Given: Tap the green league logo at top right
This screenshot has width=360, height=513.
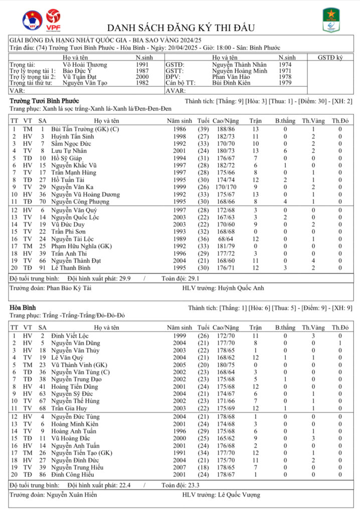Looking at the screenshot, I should click(x=331, y=20).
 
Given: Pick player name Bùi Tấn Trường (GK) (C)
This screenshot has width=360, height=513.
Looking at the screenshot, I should click(x=81, y=129).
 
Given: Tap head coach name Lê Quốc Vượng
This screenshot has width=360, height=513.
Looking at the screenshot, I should click(x=239, y=495).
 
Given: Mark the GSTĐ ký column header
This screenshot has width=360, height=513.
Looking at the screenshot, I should click(x=330, y=58).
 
